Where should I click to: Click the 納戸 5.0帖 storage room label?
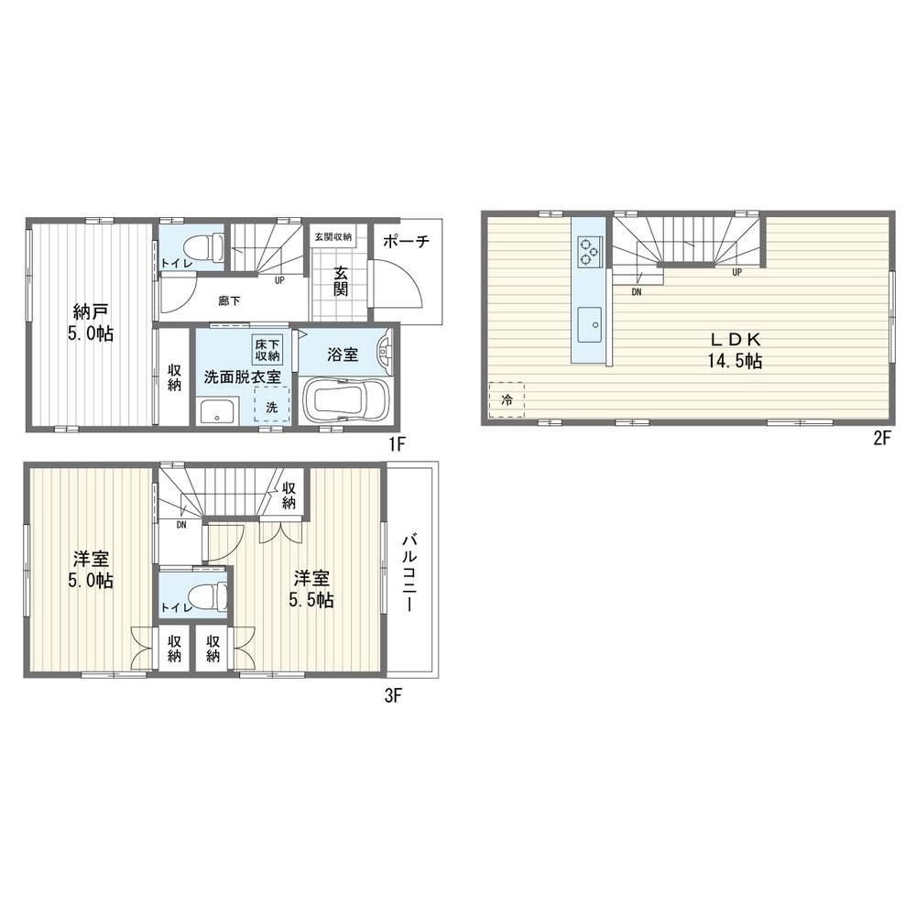pos(90,322)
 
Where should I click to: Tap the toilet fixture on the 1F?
pos(205,246)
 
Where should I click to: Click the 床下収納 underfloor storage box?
pos(267,350)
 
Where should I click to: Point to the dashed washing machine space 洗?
pos(272,404)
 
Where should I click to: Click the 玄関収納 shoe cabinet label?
pos(333,236)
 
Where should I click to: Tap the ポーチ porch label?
pos(407,241)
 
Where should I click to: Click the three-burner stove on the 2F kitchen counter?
pos(588,251)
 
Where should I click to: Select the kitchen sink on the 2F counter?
pos(590,324)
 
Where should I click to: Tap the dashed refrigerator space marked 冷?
pos(507,400)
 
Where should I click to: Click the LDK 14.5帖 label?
pos(735,351)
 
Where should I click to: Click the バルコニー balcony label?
pos(410,572)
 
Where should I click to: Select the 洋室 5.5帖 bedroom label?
pos(311,589)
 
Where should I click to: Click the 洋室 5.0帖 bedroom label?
pos(91,570)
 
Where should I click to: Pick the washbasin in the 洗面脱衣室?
pos(217,410)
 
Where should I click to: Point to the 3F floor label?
pos(393,696)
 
